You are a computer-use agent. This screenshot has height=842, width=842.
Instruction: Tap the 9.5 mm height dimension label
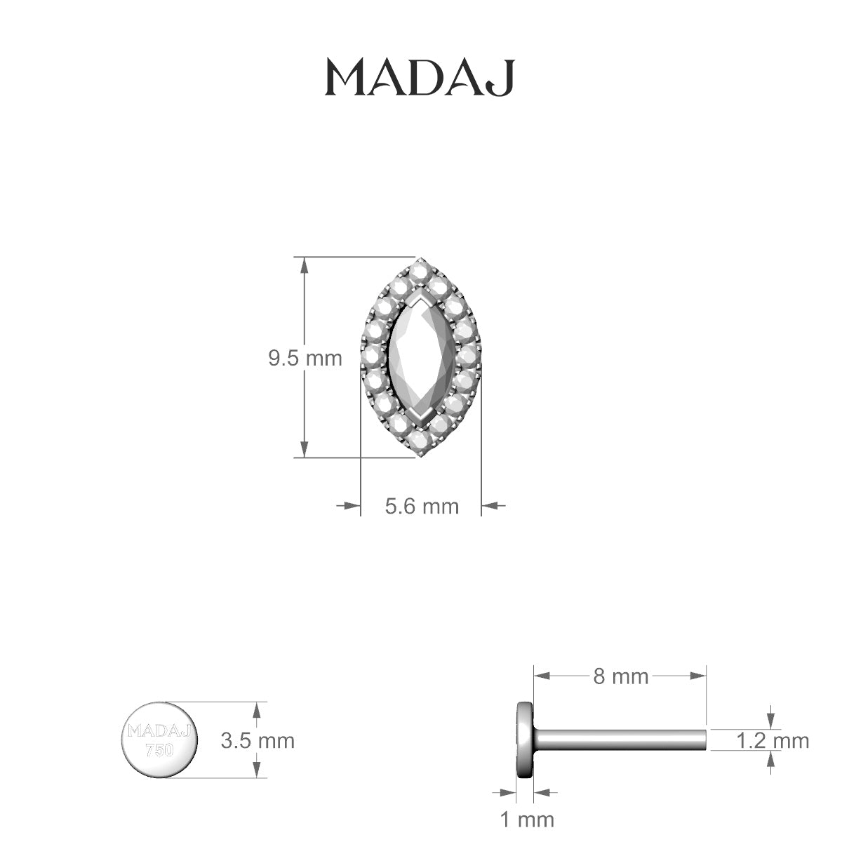click(x=305, y=359)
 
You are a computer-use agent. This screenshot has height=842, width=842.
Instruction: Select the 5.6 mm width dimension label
click(x=421, y=506)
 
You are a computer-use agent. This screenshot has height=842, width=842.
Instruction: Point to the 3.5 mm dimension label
click(x=257, y=740)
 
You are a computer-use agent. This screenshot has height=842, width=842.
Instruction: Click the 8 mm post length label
click(x=620, y=676)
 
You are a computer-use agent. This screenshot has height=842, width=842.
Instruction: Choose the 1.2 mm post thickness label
click(x=772, y=740)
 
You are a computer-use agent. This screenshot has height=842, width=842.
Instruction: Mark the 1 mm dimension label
click(x=526, y=819)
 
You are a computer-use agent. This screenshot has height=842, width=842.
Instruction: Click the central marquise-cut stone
click(x=420, y=358)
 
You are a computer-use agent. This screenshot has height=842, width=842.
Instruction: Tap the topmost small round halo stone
click(x=420, y=268)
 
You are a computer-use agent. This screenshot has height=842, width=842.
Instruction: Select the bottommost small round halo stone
click(x=420, y=444)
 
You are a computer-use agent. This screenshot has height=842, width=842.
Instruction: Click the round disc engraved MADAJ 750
click(x=161, y=740)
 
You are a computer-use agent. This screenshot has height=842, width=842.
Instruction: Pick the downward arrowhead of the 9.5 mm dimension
click(x=304, y=450)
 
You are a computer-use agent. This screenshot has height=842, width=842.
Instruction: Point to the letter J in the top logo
click(x=504, y=79)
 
